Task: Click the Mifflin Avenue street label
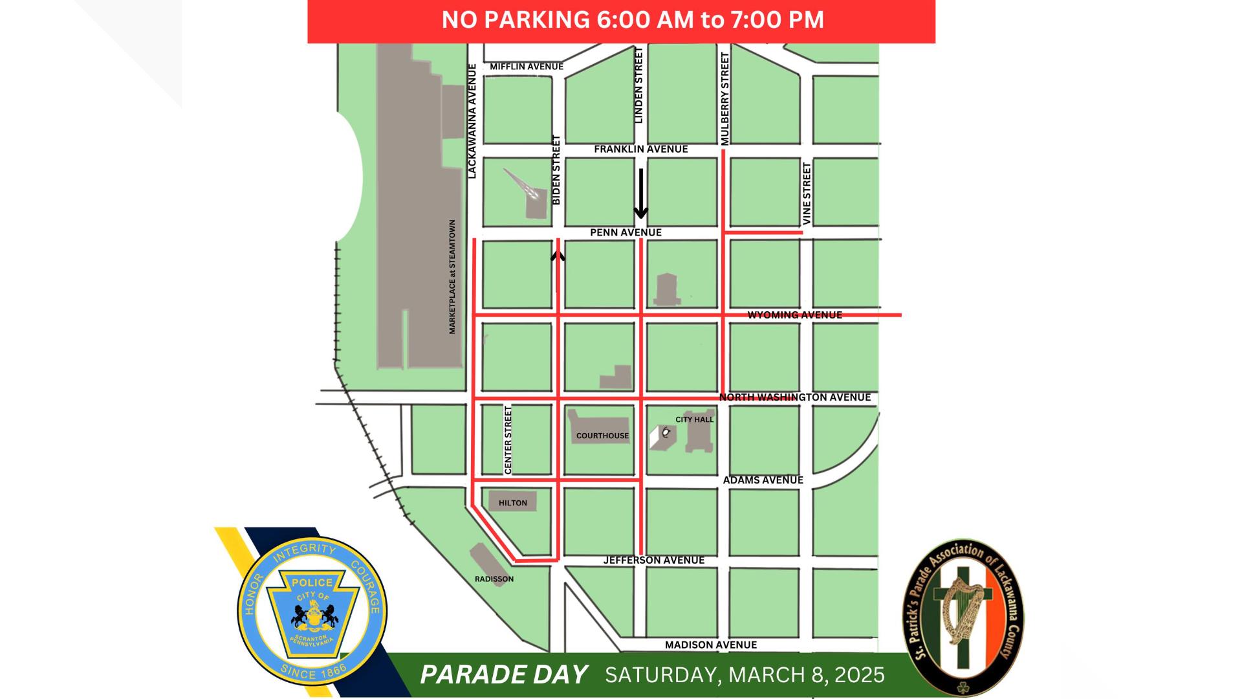(527, 67)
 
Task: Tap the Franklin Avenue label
(640, 150)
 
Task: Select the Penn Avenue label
(626, 232)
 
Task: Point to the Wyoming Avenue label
(794, 315)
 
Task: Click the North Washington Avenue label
(795, 397)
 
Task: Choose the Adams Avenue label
(763, 480)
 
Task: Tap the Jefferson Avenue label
(653, 560)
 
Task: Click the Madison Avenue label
(710, 645)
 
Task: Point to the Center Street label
(508, 440)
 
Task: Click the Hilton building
(512, 502)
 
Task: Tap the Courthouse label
(602, 436)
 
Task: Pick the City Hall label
(694, 419)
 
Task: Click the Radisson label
(494, 579)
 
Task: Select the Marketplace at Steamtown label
(452, 277)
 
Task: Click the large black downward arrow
(640, 194)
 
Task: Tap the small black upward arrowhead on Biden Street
(558, 256)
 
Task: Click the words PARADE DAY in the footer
(504, 675)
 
